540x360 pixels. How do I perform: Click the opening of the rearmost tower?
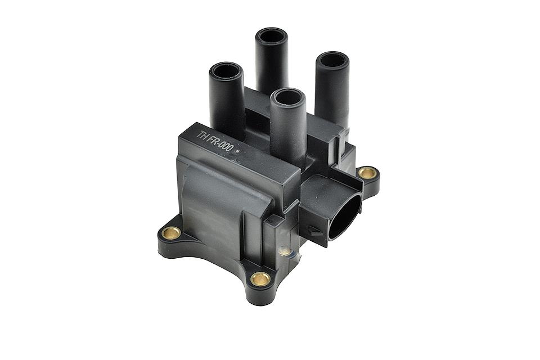pyautogui.click(x=272, y=36)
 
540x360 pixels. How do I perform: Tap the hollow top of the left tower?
pyautogui.click(x=226, y=71)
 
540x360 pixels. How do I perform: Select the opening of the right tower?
pyautogui.click(x=332, y=60)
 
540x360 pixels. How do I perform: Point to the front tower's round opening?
pyautogui.click(x=288, y=97)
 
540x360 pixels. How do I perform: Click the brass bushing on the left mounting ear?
pyautogui.click(x=171, y=233)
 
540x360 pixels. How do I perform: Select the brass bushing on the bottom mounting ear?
pyautogui.click(x=260, y=278)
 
